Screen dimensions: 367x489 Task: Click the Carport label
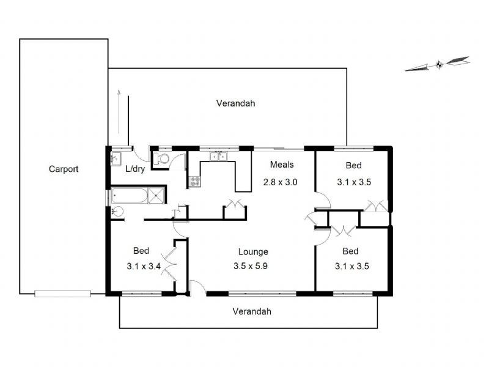pos(64,169)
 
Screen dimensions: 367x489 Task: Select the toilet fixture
pos(162,159)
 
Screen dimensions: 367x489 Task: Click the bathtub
pos(130,196)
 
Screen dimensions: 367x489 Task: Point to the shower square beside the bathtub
pos(156,196)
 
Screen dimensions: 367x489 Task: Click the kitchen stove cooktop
pos(195,181)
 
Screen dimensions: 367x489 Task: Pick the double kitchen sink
pos(217,156)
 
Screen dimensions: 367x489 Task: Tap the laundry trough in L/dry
pos(115,159)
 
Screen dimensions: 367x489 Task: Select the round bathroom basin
pos(117,212)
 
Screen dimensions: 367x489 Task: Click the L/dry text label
pos(135,169)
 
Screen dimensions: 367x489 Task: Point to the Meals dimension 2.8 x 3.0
pos(280,182)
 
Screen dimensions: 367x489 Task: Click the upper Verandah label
pos(235,103)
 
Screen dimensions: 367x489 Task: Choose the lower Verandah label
pos(251,311)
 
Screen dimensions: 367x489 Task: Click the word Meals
pos(282,165)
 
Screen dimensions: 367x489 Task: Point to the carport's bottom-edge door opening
pos(64,294)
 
